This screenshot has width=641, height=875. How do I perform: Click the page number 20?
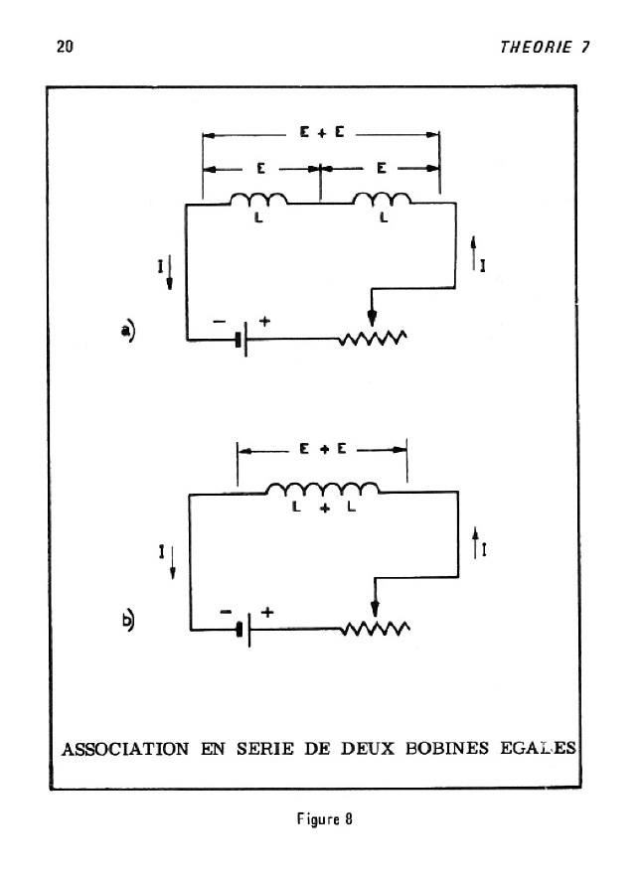[65, 46]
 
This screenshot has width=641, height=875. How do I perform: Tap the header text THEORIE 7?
[545, 47]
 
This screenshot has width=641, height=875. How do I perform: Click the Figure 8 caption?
[324, 819]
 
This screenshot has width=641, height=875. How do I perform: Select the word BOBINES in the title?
[446, 748]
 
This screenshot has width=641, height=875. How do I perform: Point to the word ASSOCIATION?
[125, 749]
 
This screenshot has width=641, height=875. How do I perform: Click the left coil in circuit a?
[259, 200]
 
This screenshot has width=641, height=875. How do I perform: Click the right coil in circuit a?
[383, 200]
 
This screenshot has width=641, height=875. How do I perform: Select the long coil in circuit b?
[323, 489]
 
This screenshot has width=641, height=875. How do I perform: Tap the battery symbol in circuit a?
[241, 339]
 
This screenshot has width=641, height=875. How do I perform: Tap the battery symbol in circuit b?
[243, 630]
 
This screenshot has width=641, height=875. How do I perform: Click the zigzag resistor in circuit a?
[373, 338]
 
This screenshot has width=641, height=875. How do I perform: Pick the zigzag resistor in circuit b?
[376, 629]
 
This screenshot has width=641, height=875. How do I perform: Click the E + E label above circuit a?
[322, 132]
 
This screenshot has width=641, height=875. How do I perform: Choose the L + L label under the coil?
[324, 508]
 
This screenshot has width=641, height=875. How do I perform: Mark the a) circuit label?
[128, 331]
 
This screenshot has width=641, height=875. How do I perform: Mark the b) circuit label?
[128, 621]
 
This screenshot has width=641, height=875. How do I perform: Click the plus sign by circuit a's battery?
[264, 321]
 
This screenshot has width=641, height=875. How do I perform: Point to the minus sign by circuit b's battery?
[226, 612]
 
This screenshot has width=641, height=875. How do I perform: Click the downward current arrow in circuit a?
[169, 272]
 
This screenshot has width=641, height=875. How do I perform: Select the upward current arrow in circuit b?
[475, 542]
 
